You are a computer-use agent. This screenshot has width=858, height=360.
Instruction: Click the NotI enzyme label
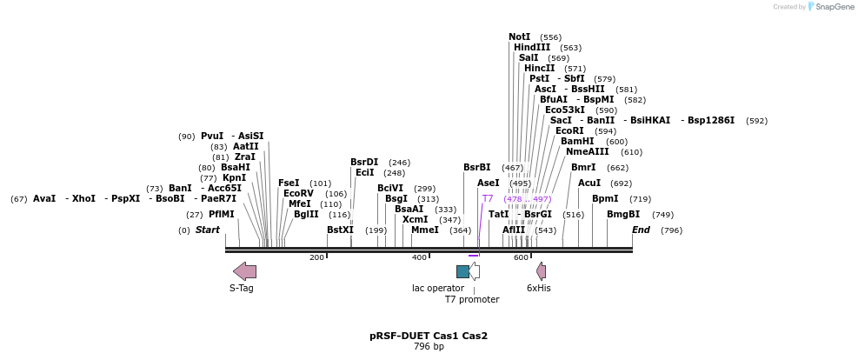pyautogui.click(x=519, y=37)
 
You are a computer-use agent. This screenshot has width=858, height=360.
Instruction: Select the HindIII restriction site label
pyautogui.click(x=531, y=47)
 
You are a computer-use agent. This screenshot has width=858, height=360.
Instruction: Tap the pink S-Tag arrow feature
pyautogui.click(x=244, y=271)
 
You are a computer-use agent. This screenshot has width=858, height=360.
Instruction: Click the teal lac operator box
pyautogui.click(x=462, y=271)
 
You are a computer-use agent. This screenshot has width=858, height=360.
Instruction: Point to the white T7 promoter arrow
pyautogui.click(x=475, y=271)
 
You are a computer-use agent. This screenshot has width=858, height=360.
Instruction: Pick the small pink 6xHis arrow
pyautogui.click(x=541, y=271)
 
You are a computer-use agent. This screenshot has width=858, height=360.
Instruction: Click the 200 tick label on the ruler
pyautogui.click(x=317, y=257)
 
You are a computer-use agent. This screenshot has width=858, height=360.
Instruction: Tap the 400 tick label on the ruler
pyautogui.click(x=420, y=257)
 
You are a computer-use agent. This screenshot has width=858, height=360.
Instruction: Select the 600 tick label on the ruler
pyautogui.click(x=522, y=257)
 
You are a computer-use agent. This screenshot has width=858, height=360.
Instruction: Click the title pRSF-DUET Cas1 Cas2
pyautogui.click(x=429, y=336)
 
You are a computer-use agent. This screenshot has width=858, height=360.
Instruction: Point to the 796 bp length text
pyautogui.click(x=429, y=347)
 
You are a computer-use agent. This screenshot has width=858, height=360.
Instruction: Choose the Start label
pyautogui.click(x=208, y=230)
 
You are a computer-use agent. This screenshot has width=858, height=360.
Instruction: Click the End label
pyautogui.click(x=641, y=230)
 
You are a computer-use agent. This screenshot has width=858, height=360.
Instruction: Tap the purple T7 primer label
pyautogui.click(x=488, y=198)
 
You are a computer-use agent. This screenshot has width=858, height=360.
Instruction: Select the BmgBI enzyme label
pyautogui.click(x=622, y=214)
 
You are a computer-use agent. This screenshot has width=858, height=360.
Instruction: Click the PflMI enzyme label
pyautogui.click(x=221, y=214)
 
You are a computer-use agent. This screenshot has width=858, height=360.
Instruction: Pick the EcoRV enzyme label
pyautogui.click(x=298, y=193)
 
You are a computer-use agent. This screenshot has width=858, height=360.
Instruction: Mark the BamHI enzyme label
pyautogui.click(x=577, y=141)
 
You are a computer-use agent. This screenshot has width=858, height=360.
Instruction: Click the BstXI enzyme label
pyautogui.click(x=340, y=230)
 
